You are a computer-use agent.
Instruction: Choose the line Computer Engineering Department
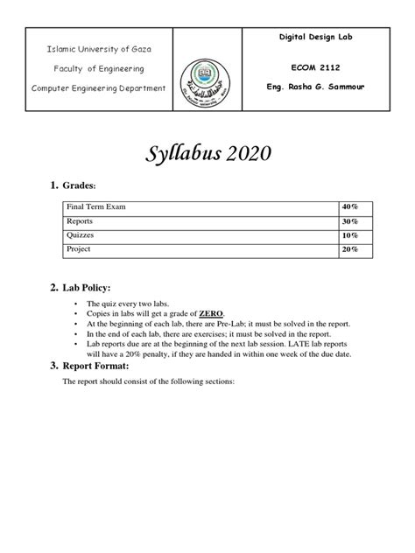click(x=99, y=88)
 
